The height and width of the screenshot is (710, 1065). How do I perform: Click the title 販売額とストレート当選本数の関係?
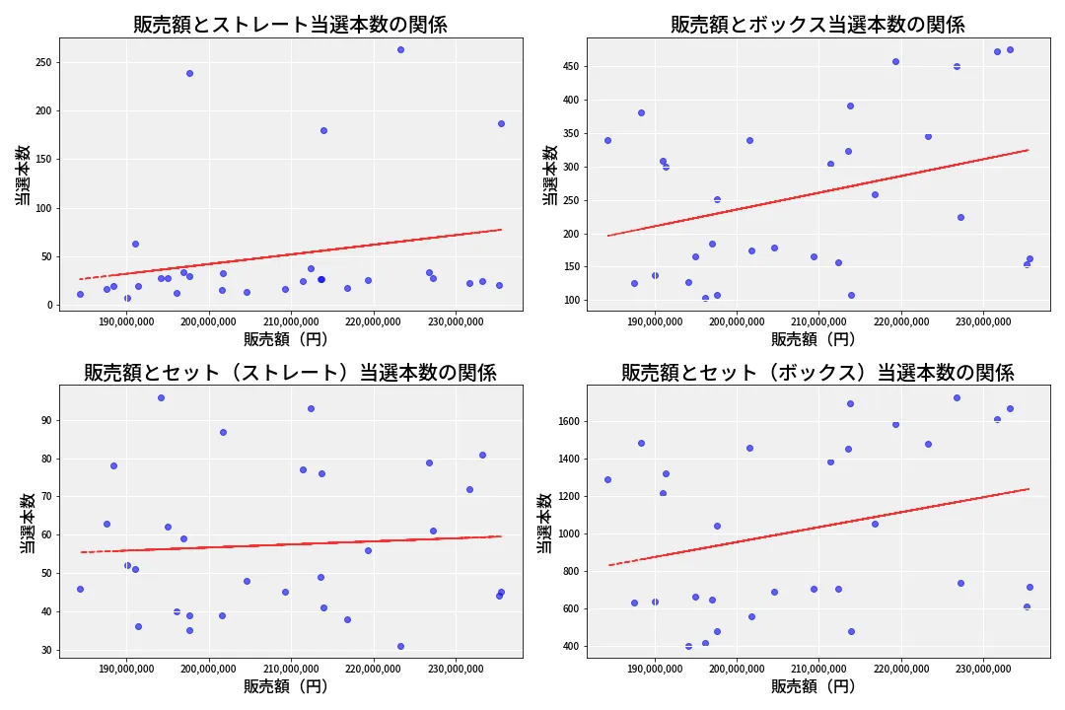(290, 25)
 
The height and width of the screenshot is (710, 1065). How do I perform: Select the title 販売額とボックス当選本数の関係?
(817, 25)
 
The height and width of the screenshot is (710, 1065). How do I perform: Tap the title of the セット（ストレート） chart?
(290, 373)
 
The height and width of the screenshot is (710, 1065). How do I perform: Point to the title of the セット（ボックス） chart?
(817, 373)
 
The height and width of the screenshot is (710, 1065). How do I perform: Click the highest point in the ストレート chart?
(400, 49)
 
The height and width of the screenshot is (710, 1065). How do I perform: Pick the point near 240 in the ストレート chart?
(189, 73)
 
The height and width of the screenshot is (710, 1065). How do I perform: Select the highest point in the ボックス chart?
(1010, 49)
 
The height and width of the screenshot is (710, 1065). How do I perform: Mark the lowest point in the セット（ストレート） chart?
(400, 646)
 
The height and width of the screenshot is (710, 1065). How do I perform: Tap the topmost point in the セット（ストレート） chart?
(161, 397)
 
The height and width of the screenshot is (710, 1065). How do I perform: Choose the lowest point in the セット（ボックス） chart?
(688, 646)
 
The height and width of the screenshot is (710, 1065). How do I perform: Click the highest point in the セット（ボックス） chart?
(957, 397)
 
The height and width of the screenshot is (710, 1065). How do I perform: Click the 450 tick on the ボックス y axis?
(570, 67)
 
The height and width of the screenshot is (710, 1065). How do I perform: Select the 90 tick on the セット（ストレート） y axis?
(45, 420)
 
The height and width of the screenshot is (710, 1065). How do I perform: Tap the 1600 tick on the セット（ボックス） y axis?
(567, 421)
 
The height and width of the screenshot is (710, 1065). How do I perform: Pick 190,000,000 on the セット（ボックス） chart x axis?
(655, 669)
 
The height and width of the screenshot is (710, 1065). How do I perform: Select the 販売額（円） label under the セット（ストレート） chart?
(286, 686)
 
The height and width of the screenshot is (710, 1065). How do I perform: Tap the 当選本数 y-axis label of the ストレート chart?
(22, 175)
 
